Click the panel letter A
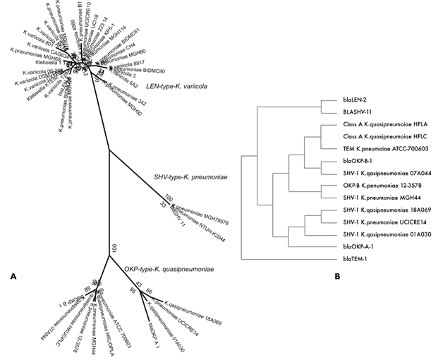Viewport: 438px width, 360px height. click(x=13, y=277)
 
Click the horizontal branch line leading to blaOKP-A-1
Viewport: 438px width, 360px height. click(x=314, y=246)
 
